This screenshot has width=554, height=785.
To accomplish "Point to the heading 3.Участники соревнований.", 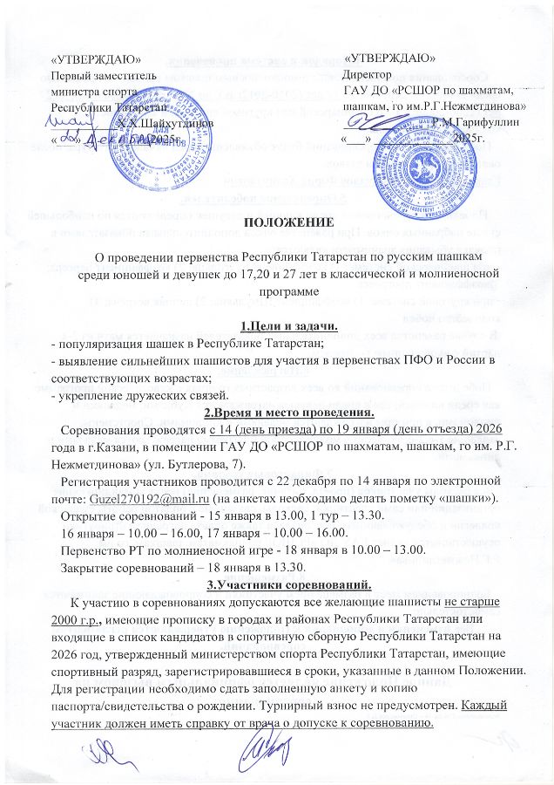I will pyautogui.click(x=276, y=584).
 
